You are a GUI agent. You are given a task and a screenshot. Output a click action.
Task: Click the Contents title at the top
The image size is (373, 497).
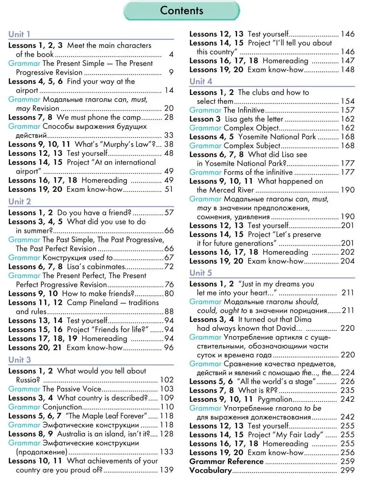tap(182, 11)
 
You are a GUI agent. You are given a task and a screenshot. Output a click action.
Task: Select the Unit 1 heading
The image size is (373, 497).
tap(19, 34)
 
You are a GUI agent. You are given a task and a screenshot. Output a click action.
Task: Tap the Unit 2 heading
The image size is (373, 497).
tap(19, 202)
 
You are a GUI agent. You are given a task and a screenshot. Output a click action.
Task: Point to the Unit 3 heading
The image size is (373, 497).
tap(19, 360)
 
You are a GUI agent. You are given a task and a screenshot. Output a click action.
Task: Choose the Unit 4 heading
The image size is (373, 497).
tap(201, 81)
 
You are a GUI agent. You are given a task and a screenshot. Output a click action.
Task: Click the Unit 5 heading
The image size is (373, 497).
tap(201, 273)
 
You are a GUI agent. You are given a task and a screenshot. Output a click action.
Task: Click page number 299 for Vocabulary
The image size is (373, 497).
tap(347, 470)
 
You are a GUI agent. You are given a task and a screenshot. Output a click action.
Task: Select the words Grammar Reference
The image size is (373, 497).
tap(226, 461)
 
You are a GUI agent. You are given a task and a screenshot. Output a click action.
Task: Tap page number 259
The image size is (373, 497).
tap(347, 461)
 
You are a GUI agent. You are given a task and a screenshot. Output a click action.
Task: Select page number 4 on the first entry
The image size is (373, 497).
tap(171, 54)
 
